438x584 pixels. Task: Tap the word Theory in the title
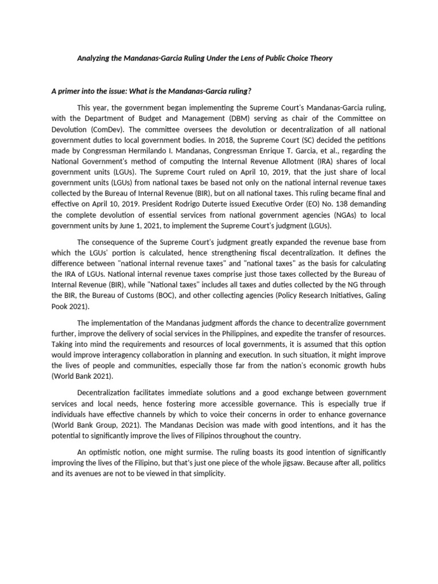pos(319,58)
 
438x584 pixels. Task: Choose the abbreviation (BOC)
pos(165,295)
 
